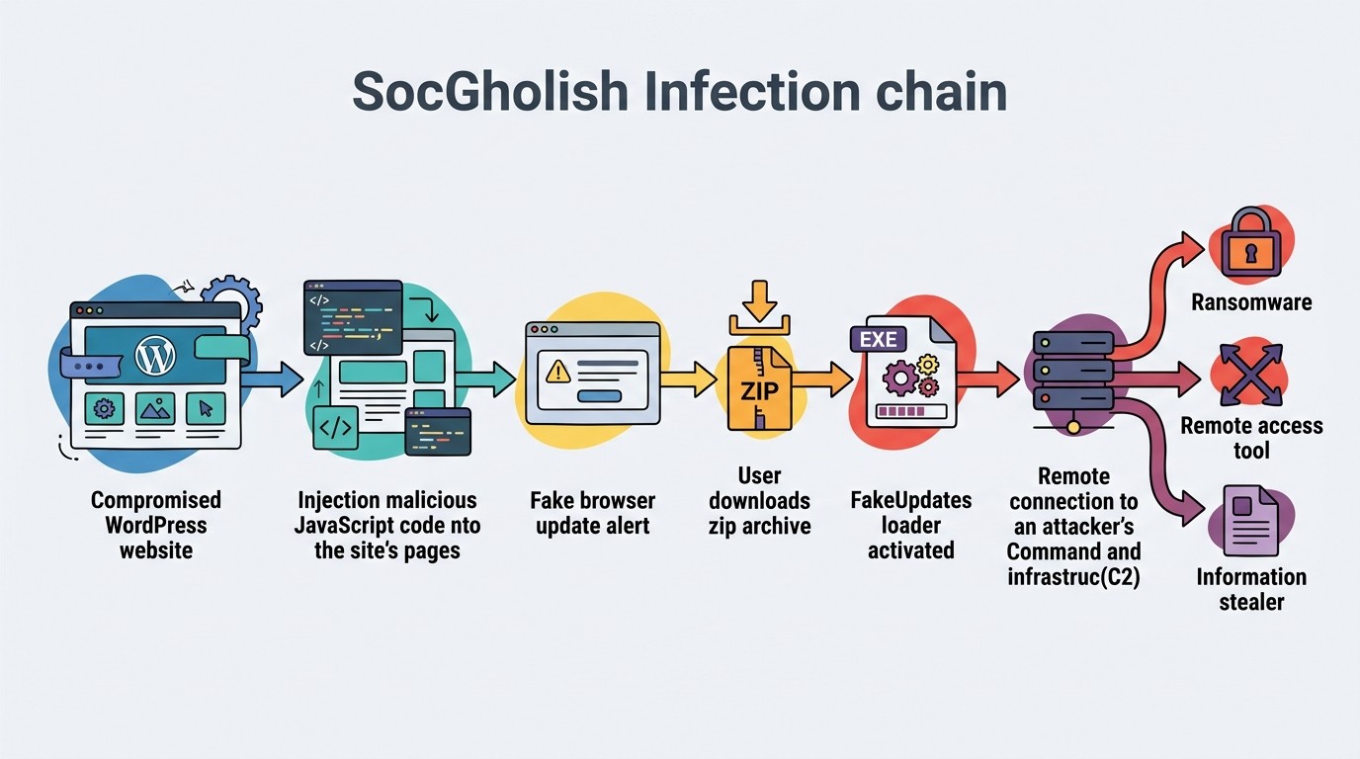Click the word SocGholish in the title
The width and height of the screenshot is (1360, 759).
coord(490,91)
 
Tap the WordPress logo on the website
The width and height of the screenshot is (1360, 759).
coord(155,355)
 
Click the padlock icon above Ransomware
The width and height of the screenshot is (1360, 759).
coord(1250,243)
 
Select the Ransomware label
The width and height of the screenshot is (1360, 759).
coord(1251,301)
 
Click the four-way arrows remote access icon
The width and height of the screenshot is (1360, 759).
coord(1251,375)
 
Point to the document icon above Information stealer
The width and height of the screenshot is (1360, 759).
coord(1250,521)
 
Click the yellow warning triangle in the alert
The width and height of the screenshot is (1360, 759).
coord(557,371)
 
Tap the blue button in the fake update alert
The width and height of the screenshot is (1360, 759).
coord(599,396)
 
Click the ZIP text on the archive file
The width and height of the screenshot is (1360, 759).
coord(759,391)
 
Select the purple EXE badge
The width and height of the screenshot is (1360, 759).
coord(879,339)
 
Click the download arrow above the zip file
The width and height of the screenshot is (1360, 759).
coord(759,301)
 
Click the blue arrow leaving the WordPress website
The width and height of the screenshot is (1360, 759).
coord(272,379)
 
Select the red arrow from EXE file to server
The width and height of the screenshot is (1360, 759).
coord(987,379)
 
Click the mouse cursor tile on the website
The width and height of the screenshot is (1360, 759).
coord(206,408)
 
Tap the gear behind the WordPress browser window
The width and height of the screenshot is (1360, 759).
coord(233,298)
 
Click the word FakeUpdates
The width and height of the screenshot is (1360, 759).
coord(910,500)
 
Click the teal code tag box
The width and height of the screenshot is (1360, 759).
coord(335,428)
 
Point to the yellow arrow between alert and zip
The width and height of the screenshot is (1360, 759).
coord(689,379)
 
